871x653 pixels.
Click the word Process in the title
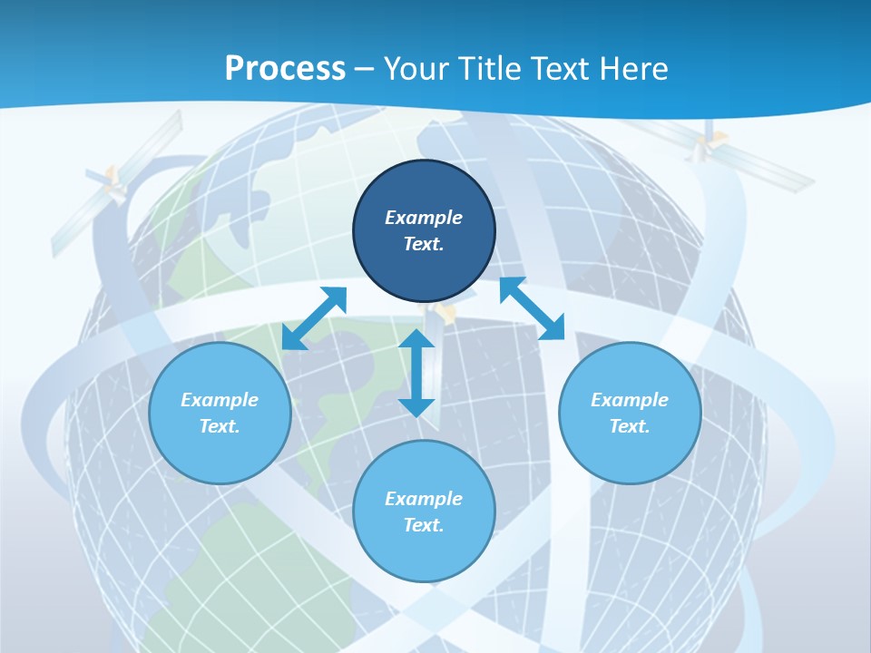(285, 69)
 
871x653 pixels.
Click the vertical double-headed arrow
(416, 373)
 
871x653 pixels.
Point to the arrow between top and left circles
(314, 318)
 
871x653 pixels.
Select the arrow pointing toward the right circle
(533, 308)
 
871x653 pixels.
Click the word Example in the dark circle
(424, 218)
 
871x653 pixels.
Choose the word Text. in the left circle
(220, 426)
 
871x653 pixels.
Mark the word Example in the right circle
(630, 400)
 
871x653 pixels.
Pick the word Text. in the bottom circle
(424, 525)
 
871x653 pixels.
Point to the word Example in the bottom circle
(424, 499)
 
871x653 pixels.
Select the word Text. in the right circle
(630, 426)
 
